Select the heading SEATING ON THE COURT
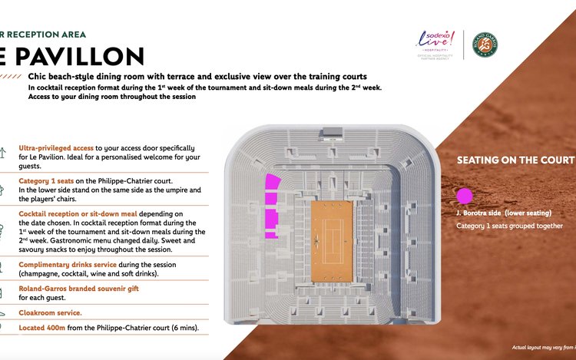coord(515,160)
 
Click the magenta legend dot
coord(464,196)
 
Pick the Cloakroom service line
coord(51,312)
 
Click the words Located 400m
coord(45,329)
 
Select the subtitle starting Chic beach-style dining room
coord(197,77)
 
